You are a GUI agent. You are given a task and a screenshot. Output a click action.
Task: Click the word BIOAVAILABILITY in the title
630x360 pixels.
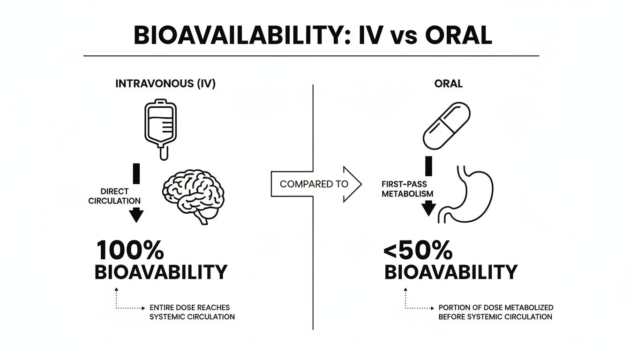coord(242,36)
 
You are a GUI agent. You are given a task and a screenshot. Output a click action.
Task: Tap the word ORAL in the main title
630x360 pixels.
coord(458,36)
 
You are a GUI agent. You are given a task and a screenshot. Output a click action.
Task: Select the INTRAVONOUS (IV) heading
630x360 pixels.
coord(165,84)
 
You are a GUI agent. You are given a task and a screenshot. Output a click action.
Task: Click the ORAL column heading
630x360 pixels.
coord(448,84)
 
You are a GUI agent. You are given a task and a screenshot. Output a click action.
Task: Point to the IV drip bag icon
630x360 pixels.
coord(161,129)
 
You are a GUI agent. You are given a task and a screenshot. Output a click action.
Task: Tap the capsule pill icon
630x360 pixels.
coord(447,126)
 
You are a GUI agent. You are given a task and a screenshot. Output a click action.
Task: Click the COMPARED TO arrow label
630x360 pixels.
coord(314,184)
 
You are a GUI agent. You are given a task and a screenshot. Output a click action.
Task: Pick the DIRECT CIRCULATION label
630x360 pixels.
coord(114,196)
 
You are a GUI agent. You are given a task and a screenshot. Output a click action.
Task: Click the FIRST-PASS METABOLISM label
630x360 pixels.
coord(407,189)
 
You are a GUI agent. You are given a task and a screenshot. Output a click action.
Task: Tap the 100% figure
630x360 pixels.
coord(130,250)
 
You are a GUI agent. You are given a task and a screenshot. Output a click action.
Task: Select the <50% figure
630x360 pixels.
coord(418,250)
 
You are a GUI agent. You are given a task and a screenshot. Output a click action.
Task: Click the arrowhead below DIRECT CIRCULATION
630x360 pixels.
coord(136,215)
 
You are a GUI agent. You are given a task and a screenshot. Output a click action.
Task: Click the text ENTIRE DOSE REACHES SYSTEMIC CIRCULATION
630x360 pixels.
coord(192,312)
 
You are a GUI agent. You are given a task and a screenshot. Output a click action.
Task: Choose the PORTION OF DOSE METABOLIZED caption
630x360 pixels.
coord(496,307)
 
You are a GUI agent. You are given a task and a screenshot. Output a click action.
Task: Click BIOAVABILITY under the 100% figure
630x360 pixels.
coord(161,272)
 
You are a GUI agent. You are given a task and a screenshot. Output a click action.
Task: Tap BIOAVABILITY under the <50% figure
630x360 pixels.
coord(451,272)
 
